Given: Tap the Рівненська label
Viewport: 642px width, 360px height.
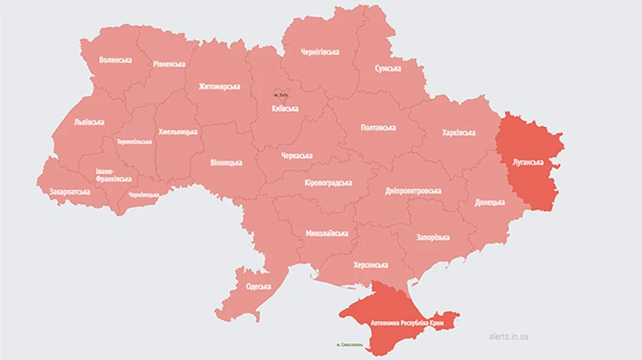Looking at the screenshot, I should pos(169,63).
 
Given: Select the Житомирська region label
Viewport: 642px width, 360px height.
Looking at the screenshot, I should pos(219,86).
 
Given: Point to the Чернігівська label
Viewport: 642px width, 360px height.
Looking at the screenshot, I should pos(320,52).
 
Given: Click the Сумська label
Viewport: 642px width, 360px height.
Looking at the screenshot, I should pos(388,68).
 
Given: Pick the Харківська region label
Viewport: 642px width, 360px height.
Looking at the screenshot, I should pos(459,133).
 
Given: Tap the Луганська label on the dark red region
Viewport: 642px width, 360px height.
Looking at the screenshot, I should pos(529,162).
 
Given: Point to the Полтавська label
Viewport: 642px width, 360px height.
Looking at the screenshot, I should pos(378,128).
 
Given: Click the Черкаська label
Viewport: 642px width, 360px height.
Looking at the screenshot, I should pos(296,156).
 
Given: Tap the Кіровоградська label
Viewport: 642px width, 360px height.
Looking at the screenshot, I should pos(328,183).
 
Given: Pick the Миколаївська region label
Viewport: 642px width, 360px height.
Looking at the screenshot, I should pos(327,233).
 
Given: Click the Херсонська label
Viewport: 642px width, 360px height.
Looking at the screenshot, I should pos(371,264).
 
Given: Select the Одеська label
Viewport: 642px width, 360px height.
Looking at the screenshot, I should pos(258,287).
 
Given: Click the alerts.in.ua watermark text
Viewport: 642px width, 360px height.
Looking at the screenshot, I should pos(514,336).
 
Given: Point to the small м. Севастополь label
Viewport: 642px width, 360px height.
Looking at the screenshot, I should pos(350,344).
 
